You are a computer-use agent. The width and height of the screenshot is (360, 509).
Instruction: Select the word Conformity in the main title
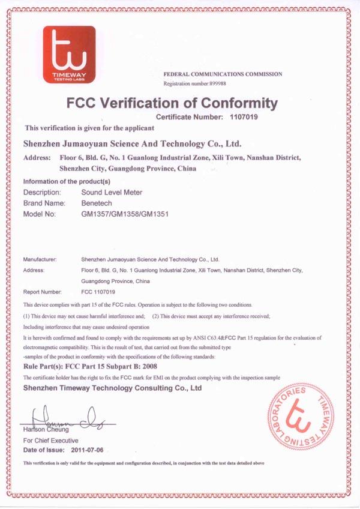[x=230, y=103]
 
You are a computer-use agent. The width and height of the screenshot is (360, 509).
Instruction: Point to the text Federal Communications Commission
[x=223, y=74]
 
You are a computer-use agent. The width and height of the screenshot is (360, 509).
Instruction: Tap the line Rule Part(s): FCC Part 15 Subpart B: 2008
[x=91, y=366]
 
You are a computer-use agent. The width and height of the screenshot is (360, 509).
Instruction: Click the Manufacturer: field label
[x=40, y=259]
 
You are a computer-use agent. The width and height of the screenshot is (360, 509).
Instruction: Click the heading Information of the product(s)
[x=67, y=181]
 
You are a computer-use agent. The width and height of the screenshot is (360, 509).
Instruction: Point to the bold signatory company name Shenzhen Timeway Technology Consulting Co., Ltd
[x=112, y=388]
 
